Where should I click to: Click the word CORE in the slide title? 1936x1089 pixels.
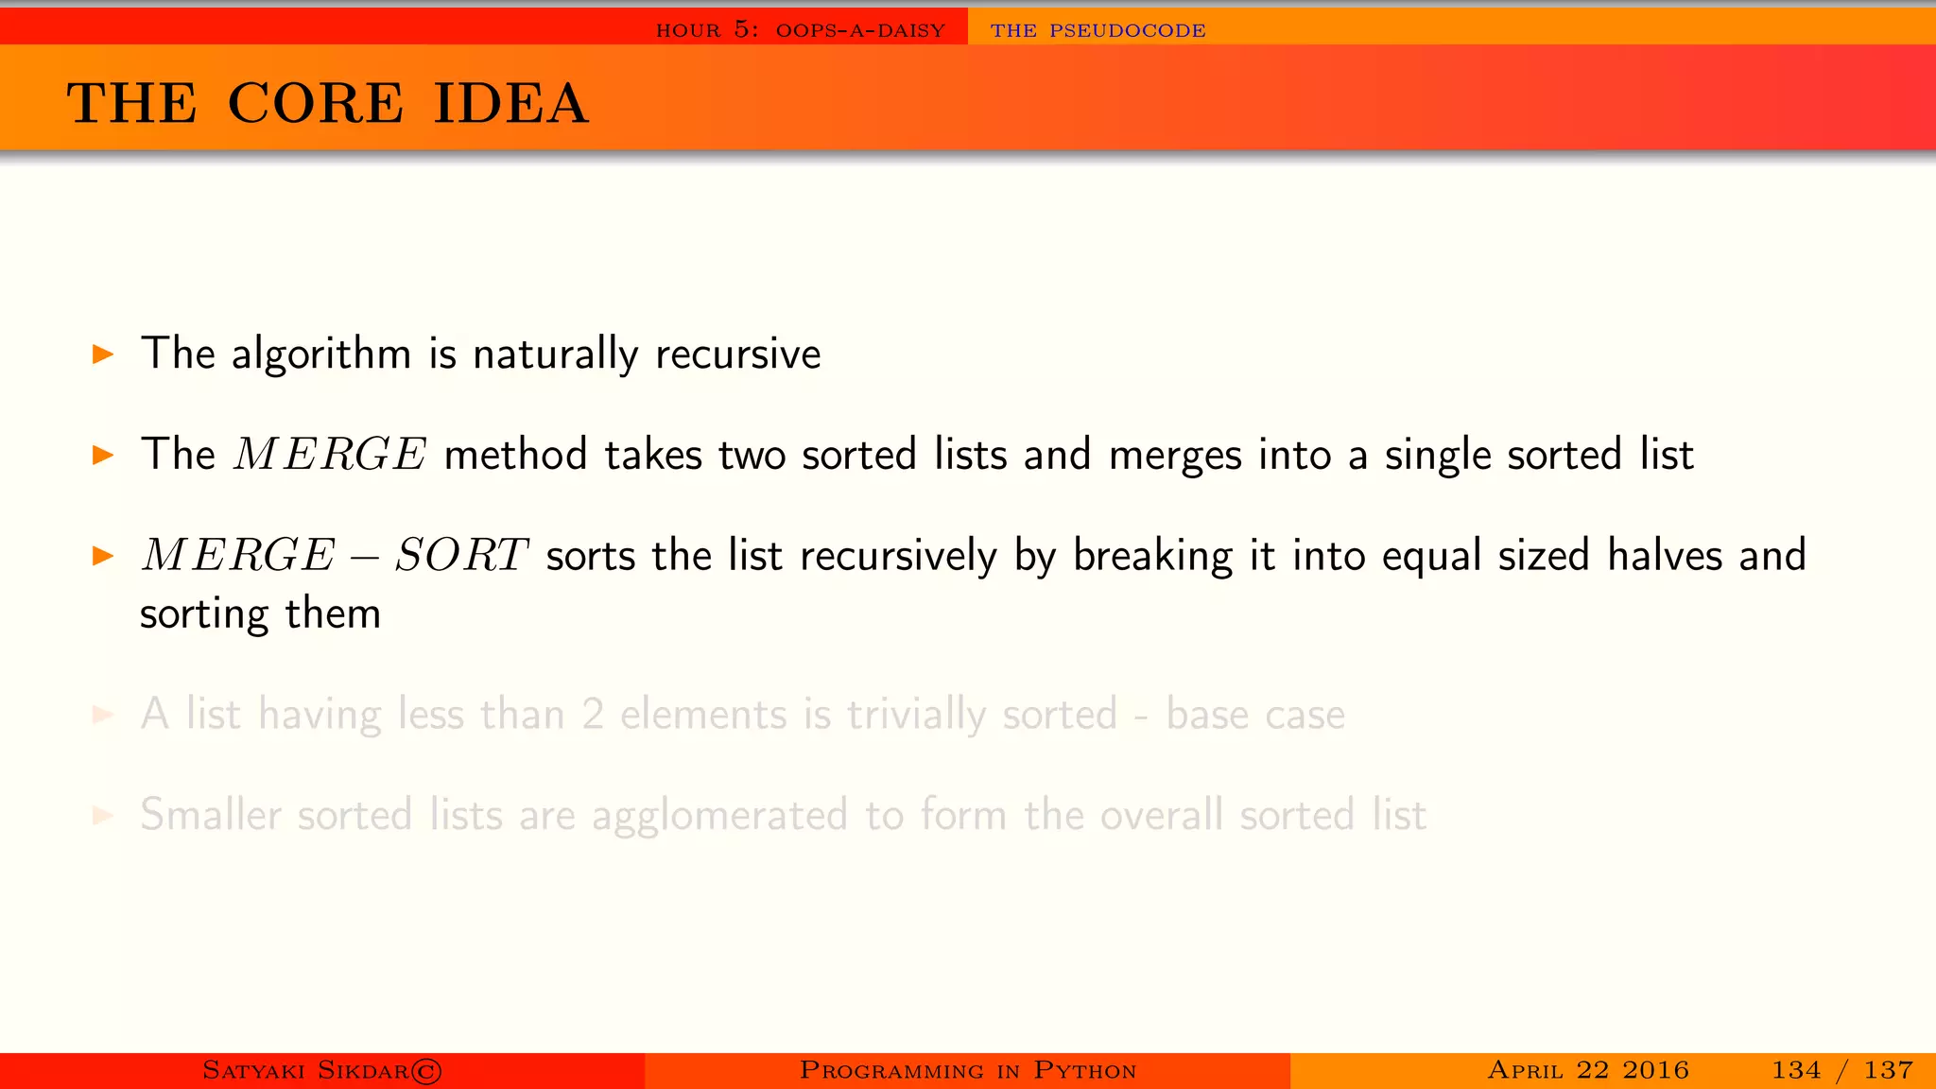click(316, 103)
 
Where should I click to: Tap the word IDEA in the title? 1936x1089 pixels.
click(510, 103)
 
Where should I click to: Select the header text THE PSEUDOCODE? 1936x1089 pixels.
click(1098, 30)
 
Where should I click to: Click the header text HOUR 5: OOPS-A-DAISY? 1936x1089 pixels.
click(801, 30)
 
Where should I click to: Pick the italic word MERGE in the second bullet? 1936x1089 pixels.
click(330, 455)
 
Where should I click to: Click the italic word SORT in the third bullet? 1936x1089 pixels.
click(460, 556)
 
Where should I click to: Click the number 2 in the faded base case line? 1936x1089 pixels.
click(593, 715)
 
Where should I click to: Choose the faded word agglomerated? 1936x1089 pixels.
click(719, 816)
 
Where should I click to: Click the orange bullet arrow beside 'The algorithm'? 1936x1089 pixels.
click(103, 355)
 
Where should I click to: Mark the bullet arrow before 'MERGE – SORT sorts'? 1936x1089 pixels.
click(103, 556)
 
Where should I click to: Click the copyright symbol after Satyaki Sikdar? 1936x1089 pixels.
click(426, 1071)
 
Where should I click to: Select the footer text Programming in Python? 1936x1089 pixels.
click(967, 1070)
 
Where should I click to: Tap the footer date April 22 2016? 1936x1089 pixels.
click(1587, 1070)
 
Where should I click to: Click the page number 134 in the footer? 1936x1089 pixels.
click(1795, 1070)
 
